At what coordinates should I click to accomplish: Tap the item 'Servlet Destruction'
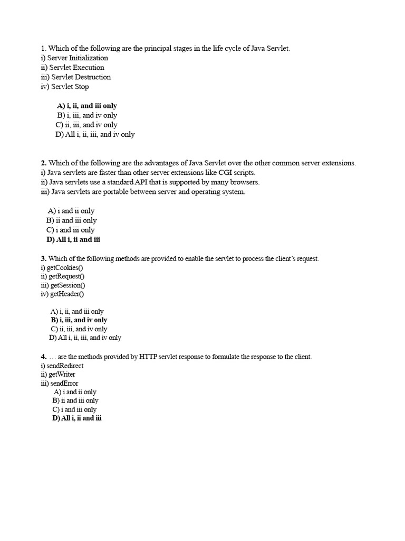tap(81, 77)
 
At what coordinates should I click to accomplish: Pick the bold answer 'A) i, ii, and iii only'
tap(87, 106)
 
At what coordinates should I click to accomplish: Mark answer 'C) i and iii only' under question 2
tap(71, 230)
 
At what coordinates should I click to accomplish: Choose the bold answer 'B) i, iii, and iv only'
tap(79, 320)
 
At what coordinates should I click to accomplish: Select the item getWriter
tap(62, 375)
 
